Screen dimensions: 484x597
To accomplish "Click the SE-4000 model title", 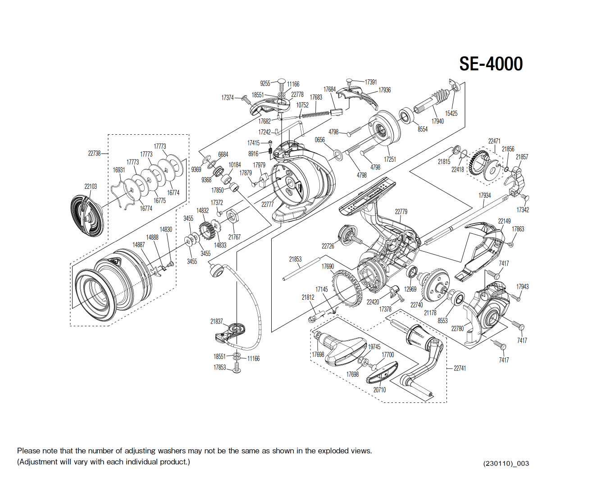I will (x=491, y=64).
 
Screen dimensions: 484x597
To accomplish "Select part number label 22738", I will (x=94, y=153).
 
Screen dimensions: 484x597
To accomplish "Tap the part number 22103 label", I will (x=91, y=186).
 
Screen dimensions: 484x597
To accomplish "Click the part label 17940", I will (x=437, y=121).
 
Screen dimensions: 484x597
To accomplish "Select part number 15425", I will (x=451, y=114).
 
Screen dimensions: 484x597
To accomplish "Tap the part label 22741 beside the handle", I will (x=460, y=368).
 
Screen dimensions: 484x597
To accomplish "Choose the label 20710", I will (x=379, y=390).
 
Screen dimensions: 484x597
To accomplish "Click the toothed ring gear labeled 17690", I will (x=347, y=288).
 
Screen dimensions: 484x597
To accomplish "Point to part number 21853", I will (x=295, y=259).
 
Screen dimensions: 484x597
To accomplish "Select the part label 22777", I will (x=267, y=204).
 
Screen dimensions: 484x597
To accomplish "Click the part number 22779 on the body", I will (x=401, y=211).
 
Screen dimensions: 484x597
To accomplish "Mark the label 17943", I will (x=522, y=287).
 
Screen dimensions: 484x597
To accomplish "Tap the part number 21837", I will (x=216, y=321).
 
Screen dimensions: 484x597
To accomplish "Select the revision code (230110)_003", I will (x=506, y=463).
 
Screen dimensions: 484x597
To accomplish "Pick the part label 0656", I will (x=319, y=140).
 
